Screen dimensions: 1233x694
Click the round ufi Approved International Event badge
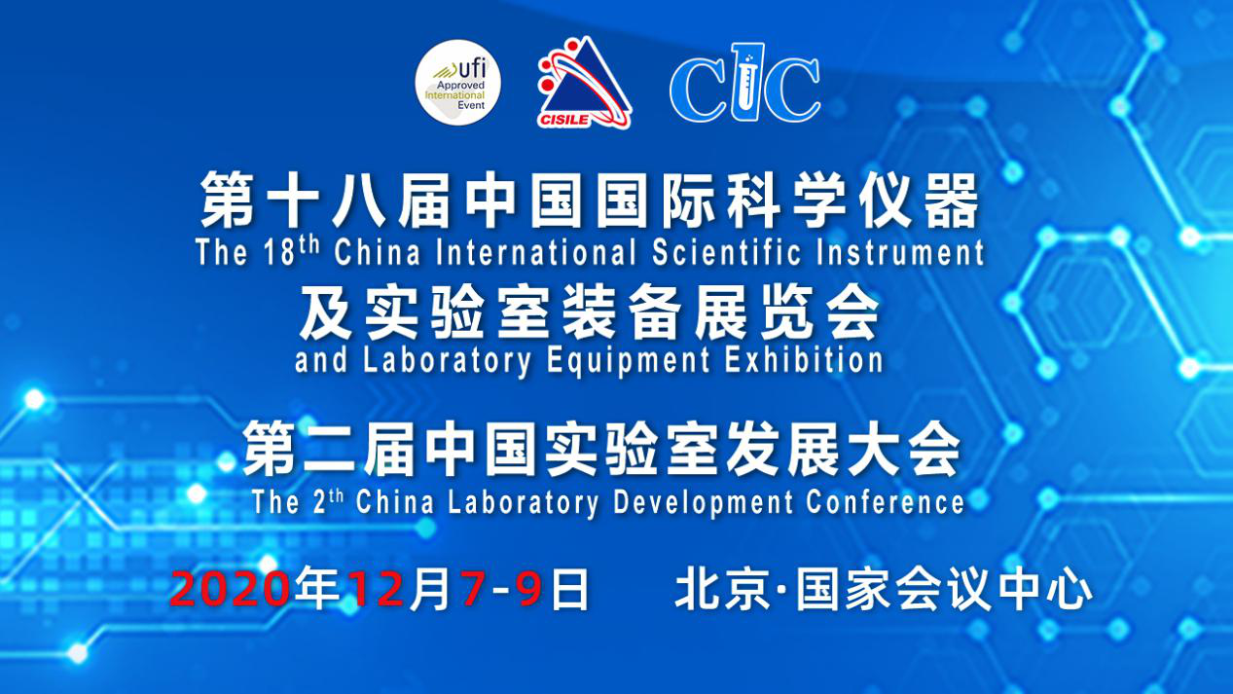click(x=458, y=83)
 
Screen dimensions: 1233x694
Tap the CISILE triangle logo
click(x=583, y=83)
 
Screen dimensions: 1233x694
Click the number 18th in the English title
click(x=291, y=252)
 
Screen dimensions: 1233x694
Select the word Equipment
click(x=628, y=362)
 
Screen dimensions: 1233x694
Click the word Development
click(x=704, y=502)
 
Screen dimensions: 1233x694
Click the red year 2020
click(x=230, y=589)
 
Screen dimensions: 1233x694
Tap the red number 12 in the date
click(x=377, y=589)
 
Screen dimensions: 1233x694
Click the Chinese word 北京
click(x=723, y=589)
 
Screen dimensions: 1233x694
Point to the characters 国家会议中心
click(x=945, y=589)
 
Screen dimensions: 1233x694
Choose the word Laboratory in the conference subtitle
click(x=523, y=503)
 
